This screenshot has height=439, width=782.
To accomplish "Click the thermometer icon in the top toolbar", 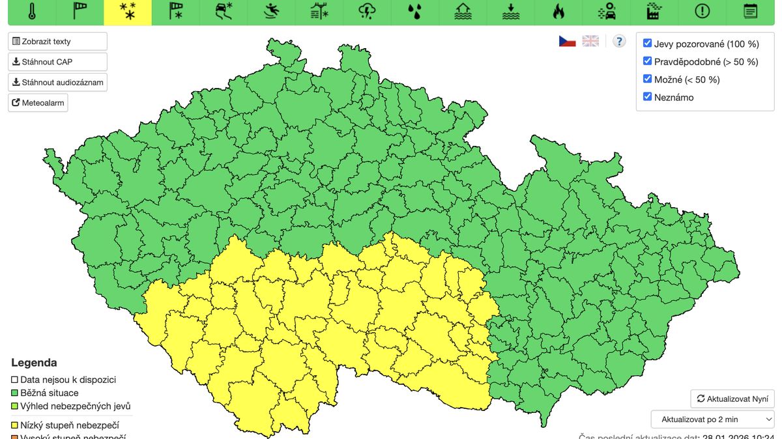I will click(32, 11).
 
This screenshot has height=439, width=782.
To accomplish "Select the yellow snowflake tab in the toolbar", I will click(128, 11).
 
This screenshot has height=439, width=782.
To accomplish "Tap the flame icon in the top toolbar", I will click(558, 11).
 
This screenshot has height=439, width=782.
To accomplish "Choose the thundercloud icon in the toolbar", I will click(368, 11).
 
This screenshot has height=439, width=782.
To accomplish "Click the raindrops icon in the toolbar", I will click(414, 11).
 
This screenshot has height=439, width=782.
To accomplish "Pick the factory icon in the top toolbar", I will click(654, 11).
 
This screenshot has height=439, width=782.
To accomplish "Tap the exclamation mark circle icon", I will click(702, 11).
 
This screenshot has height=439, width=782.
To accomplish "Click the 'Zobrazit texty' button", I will click(57, 41).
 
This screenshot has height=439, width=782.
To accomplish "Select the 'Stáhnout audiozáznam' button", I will click(57, 83).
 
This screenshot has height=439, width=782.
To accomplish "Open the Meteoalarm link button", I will click(38, 103).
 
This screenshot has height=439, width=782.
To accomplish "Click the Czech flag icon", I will click(567, 41).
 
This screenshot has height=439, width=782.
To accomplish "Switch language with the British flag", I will click(590, 41).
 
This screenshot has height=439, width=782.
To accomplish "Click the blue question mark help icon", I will click(619, 41).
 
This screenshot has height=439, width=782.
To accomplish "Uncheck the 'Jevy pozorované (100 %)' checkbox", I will click(647, 44).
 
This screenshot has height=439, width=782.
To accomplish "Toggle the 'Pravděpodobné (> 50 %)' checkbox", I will click(647, 61).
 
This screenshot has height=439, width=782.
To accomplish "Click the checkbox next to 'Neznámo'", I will click(647, 97).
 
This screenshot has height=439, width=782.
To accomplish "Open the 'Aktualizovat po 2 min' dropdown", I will click(712, 419).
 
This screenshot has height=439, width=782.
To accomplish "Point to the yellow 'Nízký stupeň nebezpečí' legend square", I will click(15, 425).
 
